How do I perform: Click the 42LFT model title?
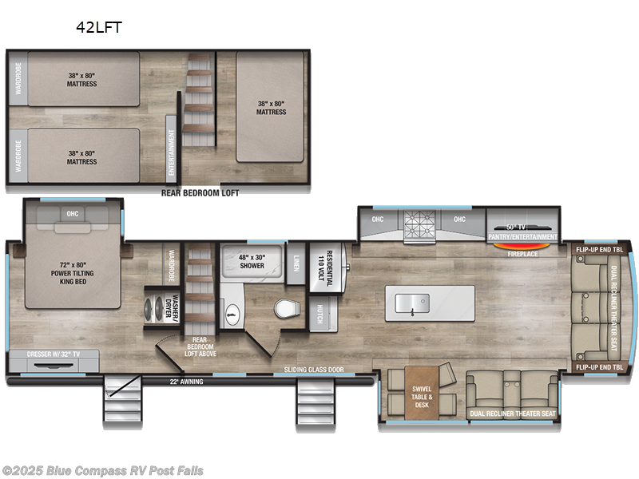pos(98,26)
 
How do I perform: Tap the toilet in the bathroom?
pos(284,308)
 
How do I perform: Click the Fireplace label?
pos(522,255)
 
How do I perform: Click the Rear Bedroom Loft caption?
pos(200,192)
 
